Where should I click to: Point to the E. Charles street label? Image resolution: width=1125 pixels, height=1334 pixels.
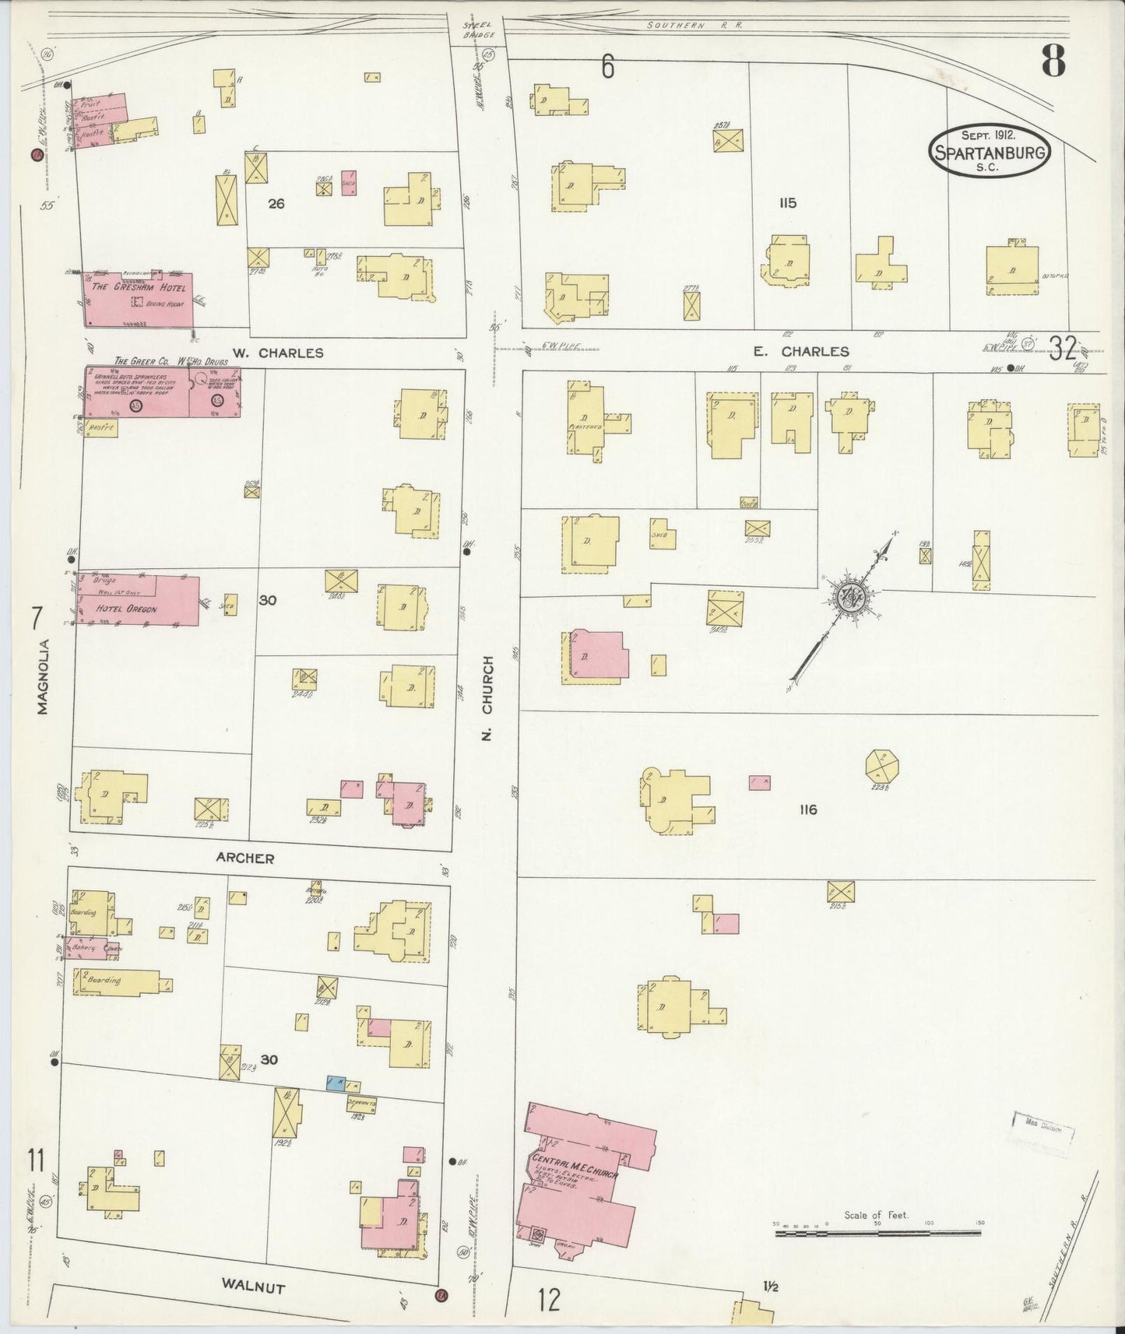tap(801, 352)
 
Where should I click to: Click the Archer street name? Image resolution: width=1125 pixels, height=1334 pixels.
tap(245, 858)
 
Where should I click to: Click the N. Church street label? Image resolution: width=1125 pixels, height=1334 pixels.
tap(488, 697)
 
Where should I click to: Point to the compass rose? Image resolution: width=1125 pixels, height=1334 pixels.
tap(847, 598)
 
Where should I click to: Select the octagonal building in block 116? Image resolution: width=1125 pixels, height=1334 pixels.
tap(883, 765)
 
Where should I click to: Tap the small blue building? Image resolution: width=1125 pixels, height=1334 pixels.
tap(336, 1083)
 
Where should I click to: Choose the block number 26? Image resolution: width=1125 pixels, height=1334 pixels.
tap(276, 204)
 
